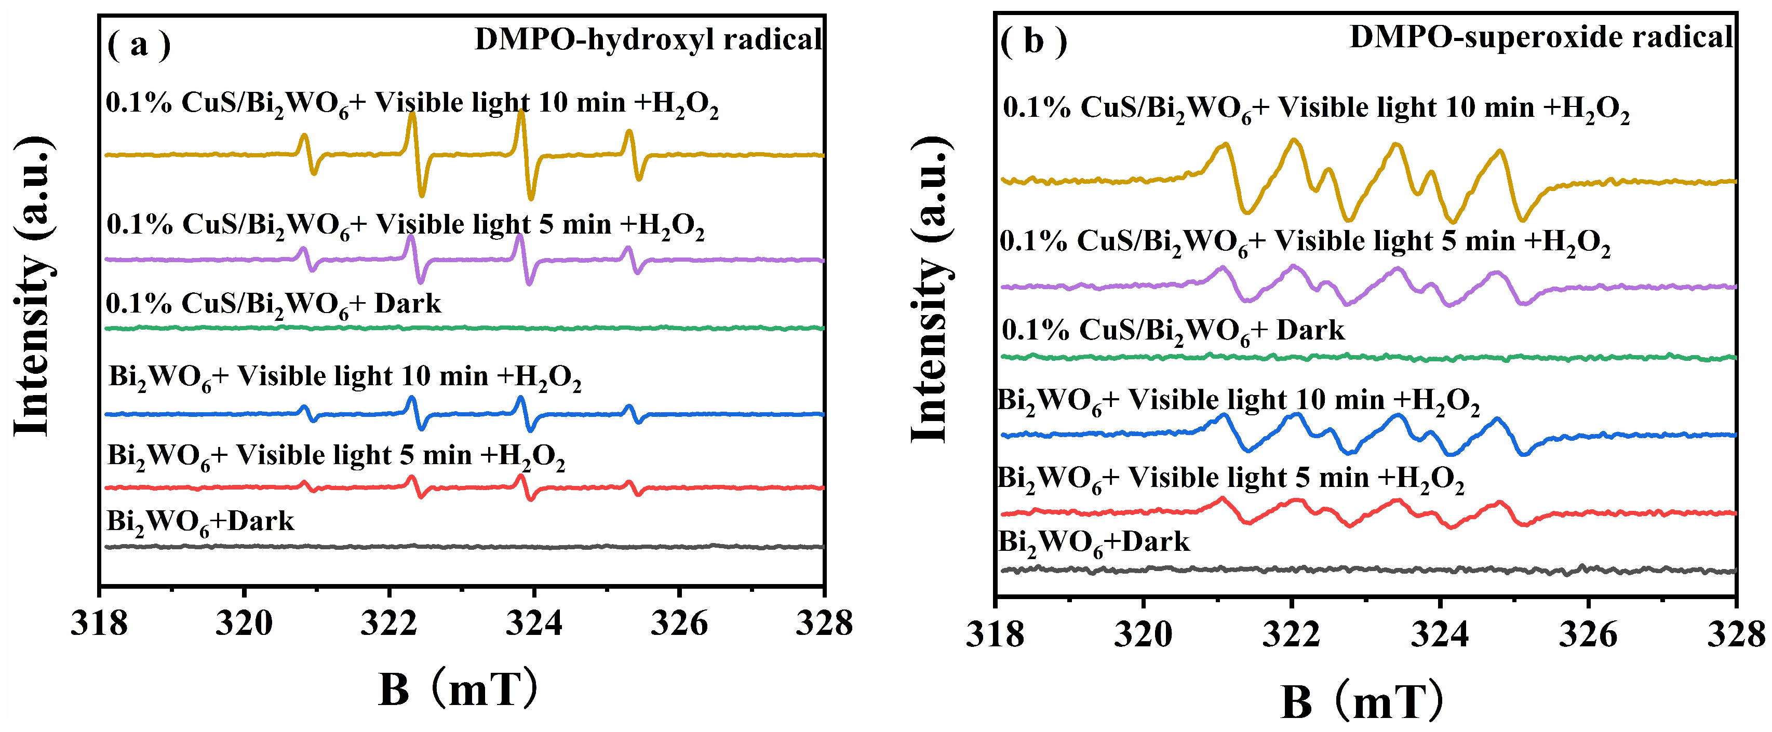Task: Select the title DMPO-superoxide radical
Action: click(1541, 36)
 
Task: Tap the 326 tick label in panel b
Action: click(1588, 634)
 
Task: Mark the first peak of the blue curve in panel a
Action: click(304, 408)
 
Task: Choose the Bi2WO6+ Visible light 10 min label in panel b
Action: click(1238, 401)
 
